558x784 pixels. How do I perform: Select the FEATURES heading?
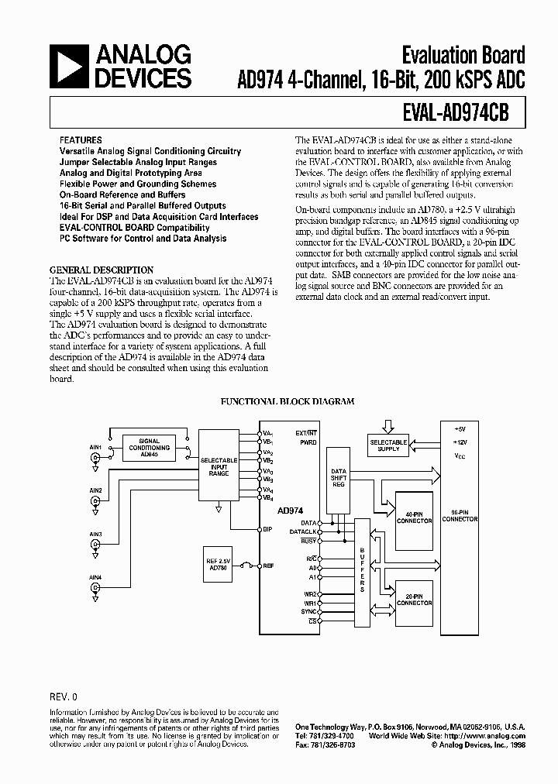point(80,140)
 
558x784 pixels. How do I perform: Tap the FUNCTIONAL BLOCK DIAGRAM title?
point(288,401)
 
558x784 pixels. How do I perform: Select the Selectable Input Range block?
point(219,466)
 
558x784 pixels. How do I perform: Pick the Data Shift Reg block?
point(339,477)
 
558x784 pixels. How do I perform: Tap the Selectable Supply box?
point(388,445)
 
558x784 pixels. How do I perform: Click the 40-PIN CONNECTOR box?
point(415,518)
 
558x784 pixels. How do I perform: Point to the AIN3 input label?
point(95,534)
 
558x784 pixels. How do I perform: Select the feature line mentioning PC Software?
point(143,239)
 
